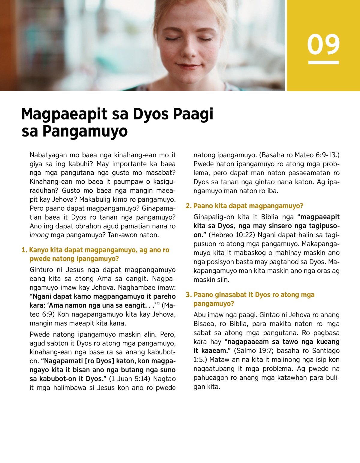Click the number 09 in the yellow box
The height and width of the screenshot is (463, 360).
coord(323,44)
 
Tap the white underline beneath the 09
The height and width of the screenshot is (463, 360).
coord(323,62)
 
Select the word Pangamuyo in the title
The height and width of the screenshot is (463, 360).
coord(85,131)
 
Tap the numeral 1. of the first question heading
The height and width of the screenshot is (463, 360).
coord(24,250)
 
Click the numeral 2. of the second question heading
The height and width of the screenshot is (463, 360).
coord(188,206)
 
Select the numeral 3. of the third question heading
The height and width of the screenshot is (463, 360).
coord(188,295)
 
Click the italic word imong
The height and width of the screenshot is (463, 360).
coord(39,235)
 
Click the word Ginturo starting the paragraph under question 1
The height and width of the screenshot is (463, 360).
coord(42,270)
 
